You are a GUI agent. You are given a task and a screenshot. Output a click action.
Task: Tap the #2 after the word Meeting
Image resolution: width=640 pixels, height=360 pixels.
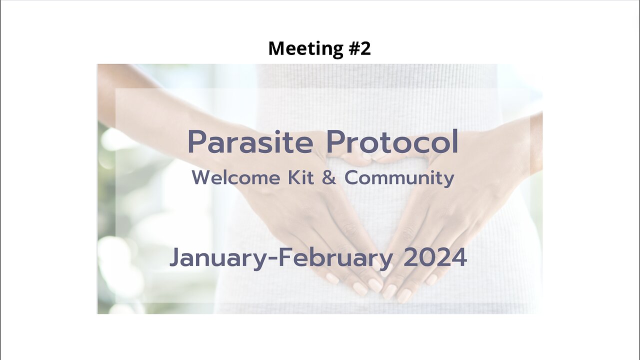tap(355, 48)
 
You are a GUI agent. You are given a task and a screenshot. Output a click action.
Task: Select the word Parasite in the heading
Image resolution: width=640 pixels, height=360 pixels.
tap(250, 142)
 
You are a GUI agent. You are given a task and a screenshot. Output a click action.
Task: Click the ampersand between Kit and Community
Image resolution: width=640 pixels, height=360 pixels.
tap(329, 178)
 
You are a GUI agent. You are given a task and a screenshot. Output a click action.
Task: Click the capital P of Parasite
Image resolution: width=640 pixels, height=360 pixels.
tap(197, 142)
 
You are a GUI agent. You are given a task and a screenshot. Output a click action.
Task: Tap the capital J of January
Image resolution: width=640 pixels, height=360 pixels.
tap(175, 258)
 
